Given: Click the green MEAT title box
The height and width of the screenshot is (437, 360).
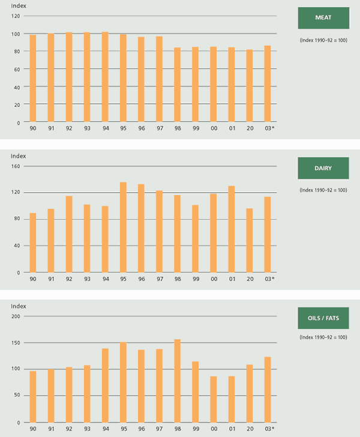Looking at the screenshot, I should click(x=323, y=18).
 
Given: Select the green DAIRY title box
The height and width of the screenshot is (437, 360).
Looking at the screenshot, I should click(x=323, y=168).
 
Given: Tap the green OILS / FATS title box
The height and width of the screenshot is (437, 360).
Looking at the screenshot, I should click(x=323, y=318).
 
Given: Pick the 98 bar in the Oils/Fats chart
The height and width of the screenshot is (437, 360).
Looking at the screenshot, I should click(x=177, y=381).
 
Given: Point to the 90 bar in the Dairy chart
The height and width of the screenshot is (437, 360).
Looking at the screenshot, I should click(x=33, y=243).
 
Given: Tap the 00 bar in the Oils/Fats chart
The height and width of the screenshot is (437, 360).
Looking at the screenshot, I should click(x=213, y=399).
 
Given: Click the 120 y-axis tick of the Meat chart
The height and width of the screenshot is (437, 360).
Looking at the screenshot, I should click(x=16, y=16).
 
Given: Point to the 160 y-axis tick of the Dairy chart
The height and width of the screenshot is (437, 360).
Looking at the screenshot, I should click(x=16, y=166).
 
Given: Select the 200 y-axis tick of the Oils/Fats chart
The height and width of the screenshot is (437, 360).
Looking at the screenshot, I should click(x=16, y=316).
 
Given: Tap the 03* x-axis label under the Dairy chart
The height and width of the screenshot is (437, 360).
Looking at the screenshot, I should click(x=269, y=279).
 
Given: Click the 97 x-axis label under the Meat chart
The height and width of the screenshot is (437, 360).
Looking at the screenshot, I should click(x=159, y=128).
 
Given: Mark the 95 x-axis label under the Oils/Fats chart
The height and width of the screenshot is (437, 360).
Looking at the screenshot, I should click(x=123, y=429).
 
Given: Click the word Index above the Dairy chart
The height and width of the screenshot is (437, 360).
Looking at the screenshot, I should click(x=19, y=157).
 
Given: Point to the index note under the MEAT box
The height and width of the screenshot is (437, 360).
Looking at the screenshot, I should click(x=323, y=40).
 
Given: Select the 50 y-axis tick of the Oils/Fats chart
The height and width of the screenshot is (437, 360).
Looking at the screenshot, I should click(x=17, y=396).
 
